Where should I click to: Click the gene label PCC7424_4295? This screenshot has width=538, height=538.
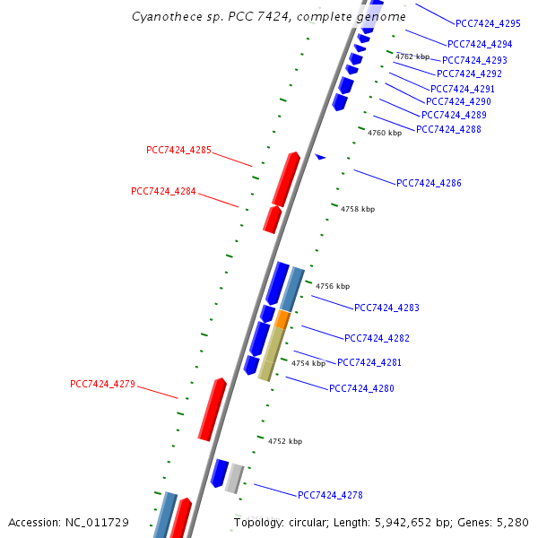(488, 24)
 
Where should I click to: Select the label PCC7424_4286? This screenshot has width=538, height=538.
(429, 183)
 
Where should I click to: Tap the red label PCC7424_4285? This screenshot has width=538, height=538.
(178, 150)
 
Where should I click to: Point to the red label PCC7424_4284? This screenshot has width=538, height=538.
(163, 191)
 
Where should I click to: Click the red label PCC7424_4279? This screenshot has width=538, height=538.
(102, 384)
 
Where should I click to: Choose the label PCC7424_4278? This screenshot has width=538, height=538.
(330, 495)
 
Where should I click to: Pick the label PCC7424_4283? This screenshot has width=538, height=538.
(386, 308)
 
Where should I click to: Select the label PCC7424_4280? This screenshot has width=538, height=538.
(361, 388)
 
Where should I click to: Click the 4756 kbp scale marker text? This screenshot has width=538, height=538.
(333, 286)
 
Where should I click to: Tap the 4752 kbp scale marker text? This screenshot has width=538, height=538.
(285, 441)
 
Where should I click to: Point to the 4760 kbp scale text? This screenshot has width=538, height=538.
(385, 133)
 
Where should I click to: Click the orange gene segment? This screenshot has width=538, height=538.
(282, 319)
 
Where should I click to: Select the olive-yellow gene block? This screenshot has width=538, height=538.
(271, 354)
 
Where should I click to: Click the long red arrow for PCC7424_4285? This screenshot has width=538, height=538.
(286, 178)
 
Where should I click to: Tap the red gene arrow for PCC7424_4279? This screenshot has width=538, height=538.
(213, 409)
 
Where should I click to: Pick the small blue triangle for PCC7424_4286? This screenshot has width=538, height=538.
(320, 157)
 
